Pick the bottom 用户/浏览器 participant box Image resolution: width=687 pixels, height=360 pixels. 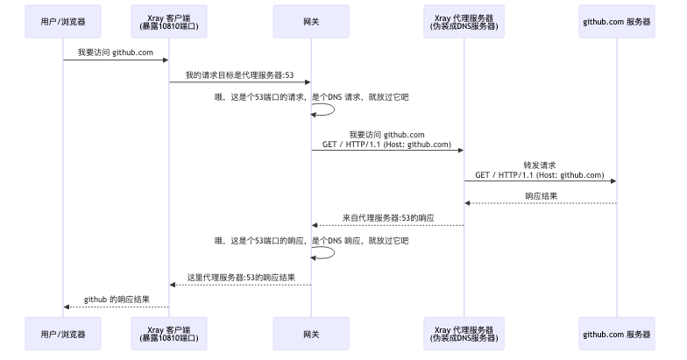63,334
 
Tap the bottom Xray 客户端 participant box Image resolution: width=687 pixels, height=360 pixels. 169,334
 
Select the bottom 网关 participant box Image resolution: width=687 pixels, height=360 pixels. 311,334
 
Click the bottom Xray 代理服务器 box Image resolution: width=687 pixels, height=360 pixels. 464,334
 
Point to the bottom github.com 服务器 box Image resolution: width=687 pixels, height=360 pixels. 616,334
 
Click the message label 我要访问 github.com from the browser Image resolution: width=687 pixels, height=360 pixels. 116,53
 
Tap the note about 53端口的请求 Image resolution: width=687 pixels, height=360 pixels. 311,96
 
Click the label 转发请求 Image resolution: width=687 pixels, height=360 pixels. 540,165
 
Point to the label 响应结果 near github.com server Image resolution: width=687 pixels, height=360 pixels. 540,196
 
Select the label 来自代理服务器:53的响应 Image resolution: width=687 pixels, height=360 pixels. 388,217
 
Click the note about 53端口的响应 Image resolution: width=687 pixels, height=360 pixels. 311,239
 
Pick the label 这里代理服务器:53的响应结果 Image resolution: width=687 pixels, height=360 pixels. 240,277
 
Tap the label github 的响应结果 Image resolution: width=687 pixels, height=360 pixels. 116,300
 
